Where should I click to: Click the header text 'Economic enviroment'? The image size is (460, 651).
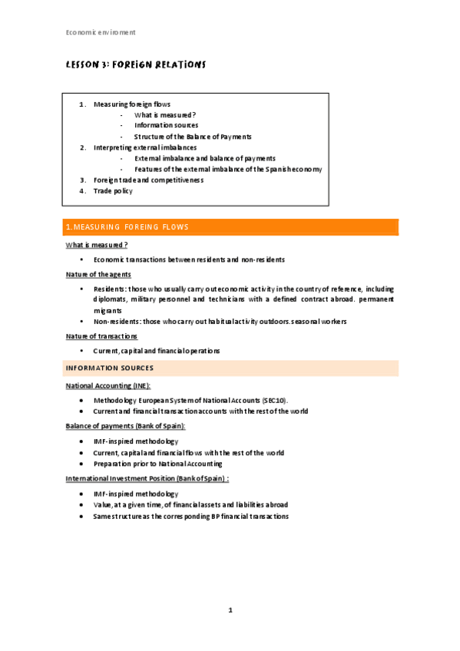101,32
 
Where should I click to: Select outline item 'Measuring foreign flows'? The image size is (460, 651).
132,104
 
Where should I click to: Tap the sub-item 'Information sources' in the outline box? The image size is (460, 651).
166,125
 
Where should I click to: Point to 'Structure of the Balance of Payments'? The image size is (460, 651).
193,136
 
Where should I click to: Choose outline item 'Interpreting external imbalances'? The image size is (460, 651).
144,147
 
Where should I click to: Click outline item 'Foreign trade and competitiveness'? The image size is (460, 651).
148,180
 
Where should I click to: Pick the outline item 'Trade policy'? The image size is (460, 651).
113,190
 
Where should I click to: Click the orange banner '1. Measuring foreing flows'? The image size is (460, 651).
230,227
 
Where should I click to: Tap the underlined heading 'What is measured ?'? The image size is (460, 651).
96,245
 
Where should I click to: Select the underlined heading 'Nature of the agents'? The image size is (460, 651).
98,274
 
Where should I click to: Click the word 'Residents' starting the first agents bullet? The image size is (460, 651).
110,289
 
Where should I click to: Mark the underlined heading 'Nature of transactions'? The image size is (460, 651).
101,336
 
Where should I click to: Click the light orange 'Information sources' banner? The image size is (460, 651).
230,368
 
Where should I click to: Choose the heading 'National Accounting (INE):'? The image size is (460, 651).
108,385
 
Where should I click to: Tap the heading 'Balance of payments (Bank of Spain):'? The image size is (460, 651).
125,425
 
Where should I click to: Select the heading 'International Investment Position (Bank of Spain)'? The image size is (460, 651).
147,478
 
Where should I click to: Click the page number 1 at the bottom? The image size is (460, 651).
230,610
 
